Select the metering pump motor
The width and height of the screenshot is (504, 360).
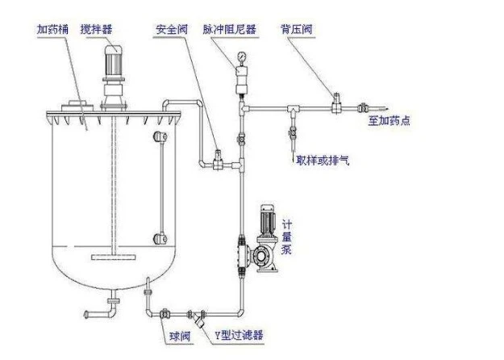point(268,223)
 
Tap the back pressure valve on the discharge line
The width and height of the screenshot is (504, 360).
point(335,102)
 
